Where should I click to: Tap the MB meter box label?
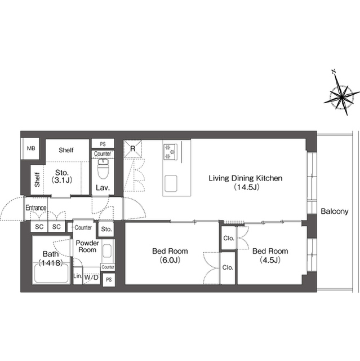pyautogui.click(x=31, y=148)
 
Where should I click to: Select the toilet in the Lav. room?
pyautogui.click(x=103, y=169)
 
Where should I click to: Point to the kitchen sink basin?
pyautogui.click(x=171, y=183)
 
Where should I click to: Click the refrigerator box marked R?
pyautogui.click(x=132, y=149)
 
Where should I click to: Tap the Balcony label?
pyautogui.click(x=335, y=212)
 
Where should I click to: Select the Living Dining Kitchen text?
pyautogui.click(x=245, y=178)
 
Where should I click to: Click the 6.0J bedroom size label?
pyautogui.click(x=170, y=260)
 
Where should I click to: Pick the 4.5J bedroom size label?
pyautogui.click(x=270, y=260)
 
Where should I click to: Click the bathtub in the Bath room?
pyautogui.click(x=51, y=273)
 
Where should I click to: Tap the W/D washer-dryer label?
pyautogui.click(x=91, y=277)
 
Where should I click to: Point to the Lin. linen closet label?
pyautogui.click(x=78, y=276)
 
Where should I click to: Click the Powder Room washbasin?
pyautogui.click(x=107, y=250)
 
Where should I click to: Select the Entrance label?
pyautogui.click(x=36, y=208)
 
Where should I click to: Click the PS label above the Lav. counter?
pyautogui.click(x=103, y=144)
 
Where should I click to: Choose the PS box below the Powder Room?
pyautogui.click(x=109, y=280)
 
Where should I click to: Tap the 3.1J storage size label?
pyautogui.click(x=62, y=180)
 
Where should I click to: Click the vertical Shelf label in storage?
pyautogui.click(x=37, y=179)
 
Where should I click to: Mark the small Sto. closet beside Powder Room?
pyautogui.click(x=106, y=229)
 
